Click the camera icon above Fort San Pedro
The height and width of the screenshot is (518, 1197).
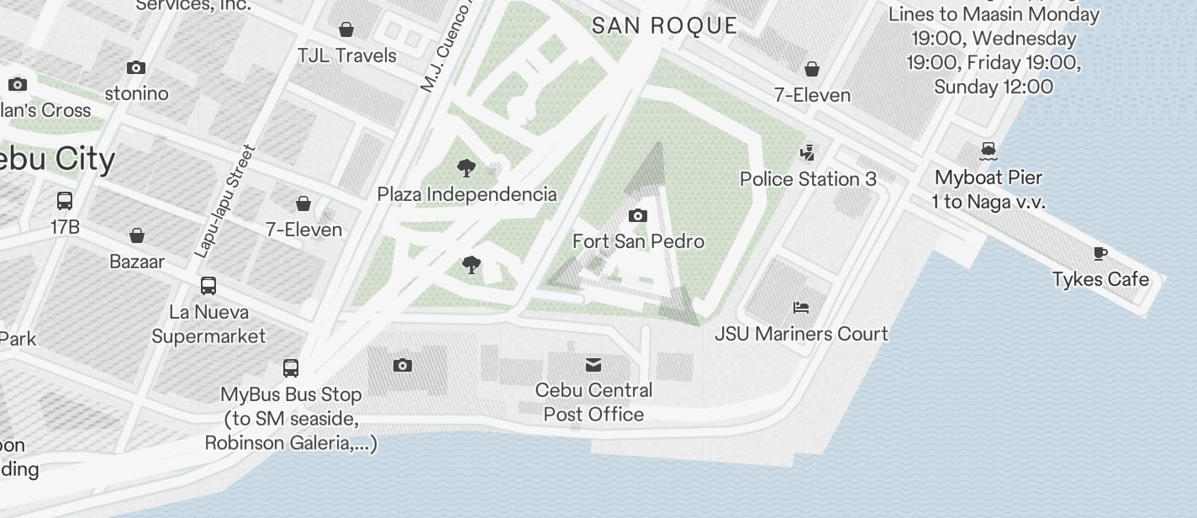[638, 216]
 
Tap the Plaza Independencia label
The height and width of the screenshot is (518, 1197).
[467, 194]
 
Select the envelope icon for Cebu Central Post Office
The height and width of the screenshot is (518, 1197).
[593, 364]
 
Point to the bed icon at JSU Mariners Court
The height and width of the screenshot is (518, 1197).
[801, 308]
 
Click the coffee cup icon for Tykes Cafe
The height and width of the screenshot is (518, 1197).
[1099, 254]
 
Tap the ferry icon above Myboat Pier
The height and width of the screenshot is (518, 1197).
[989, 151]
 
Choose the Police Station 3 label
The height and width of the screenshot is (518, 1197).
[808, 179]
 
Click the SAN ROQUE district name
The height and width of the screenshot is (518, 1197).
[665, 25]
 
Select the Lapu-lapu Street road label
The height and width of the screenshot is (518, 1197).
[224, 202]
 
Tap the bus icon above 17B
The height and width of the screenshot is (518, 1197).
[65, 201]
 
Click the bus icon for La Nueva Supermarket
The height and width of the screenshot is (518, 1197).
[208, 286]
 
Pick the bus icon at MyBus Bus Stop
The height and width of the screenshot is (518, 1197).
[291, 368]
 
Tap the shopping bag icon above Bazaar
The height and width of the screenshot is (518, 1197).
[137, 235]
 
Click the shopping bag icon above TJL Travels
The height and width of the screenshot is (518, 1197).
[346, 30]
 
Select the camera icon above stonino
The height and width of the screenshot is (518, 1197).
[136, 67]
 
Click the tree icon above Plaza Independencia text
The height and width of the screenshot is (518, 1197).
[466, 168]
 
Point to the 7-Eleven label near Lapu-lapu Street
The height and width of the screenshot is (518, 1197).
[303, 230]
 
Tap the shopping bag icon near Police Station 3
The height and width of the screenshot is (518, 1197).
[812, 69]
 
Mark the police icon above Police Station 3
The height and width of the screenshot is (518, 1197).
[808, 152]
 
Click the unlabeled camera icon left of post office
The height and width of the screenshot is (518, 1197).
[403, 365]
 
